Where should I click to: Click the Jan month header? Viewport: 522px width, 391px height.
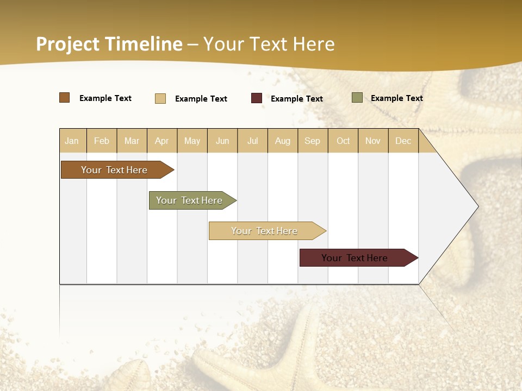(x=72, y=141)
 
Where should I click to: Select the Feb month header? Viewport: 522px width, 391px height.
(x=102, y=141)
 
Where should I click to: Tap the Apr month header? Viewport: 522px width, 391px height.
(x=162, y=141)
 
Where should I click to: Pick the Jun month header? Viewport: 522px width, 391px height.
(x=222, y=141)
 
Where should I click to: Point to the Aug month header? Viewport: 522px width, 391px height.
(x=283, y=141)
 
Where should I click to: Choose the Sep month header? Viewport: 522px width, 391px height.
(x=313, y=141)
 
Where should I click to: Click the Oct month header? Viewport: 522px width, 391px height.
(x=343, y=141)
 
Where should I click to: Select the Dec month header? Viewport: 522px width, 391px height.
(x=403, y=141)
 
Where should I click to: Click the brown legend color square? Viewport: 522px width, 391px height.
(x=65, y=98)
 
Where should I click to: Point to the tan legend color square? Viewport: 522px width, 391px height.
(x=160, y=98)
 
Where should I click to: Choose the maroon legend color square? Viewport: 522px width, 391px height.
(x=257, y=98)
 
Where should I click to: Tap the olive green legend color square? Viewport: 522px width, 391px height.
(x=357, y=98)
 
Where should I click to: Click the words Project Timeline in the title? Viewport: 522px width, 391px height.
(x=109, y=44)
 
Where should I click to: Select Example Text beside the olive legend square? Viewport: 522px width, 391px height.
(x=396, y=98)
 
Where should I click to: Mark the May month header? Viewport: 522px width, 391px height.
(x=192, y=141)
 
